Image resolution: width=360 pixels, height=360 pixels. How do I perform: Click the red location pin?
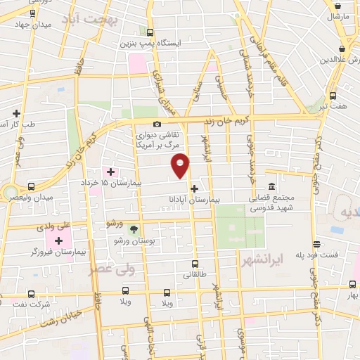coord(181,165)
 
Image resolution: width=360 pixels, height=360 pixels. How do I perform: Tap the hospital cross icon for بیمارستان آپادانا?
coord(194,188)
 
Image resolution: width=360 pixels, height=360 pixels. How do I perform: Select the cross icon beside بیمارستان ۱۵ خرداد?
coord(110,172)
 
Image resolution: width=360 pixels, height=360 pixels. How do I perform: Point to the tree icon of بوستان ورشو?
coord(134,230)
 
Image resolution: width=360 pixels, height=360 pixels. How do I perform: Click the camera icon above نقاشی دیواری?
coord(157,124)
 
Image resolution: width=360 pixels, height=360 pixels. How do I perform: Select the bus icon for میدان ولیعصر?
coord(31,187)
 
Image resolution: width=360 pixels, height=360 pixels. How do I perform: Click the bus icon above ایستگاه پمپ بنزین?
coord(150,32)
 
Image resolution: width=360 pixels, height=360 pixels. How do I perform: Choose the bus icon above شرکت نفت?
coord(31,293)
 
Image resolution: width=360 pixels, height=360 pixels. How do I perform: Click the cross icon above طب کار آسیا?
coord(15,113)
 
